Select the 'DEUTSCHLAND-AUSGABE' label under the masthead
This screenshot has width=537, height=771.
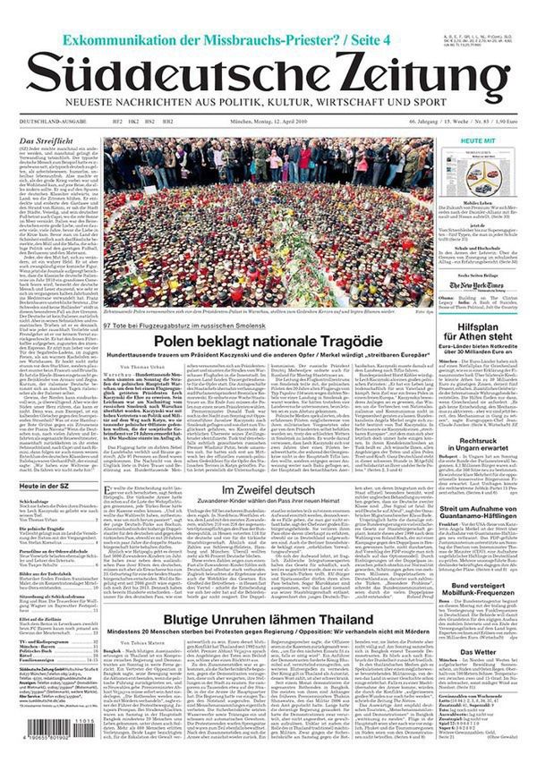tap(47, 120)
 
